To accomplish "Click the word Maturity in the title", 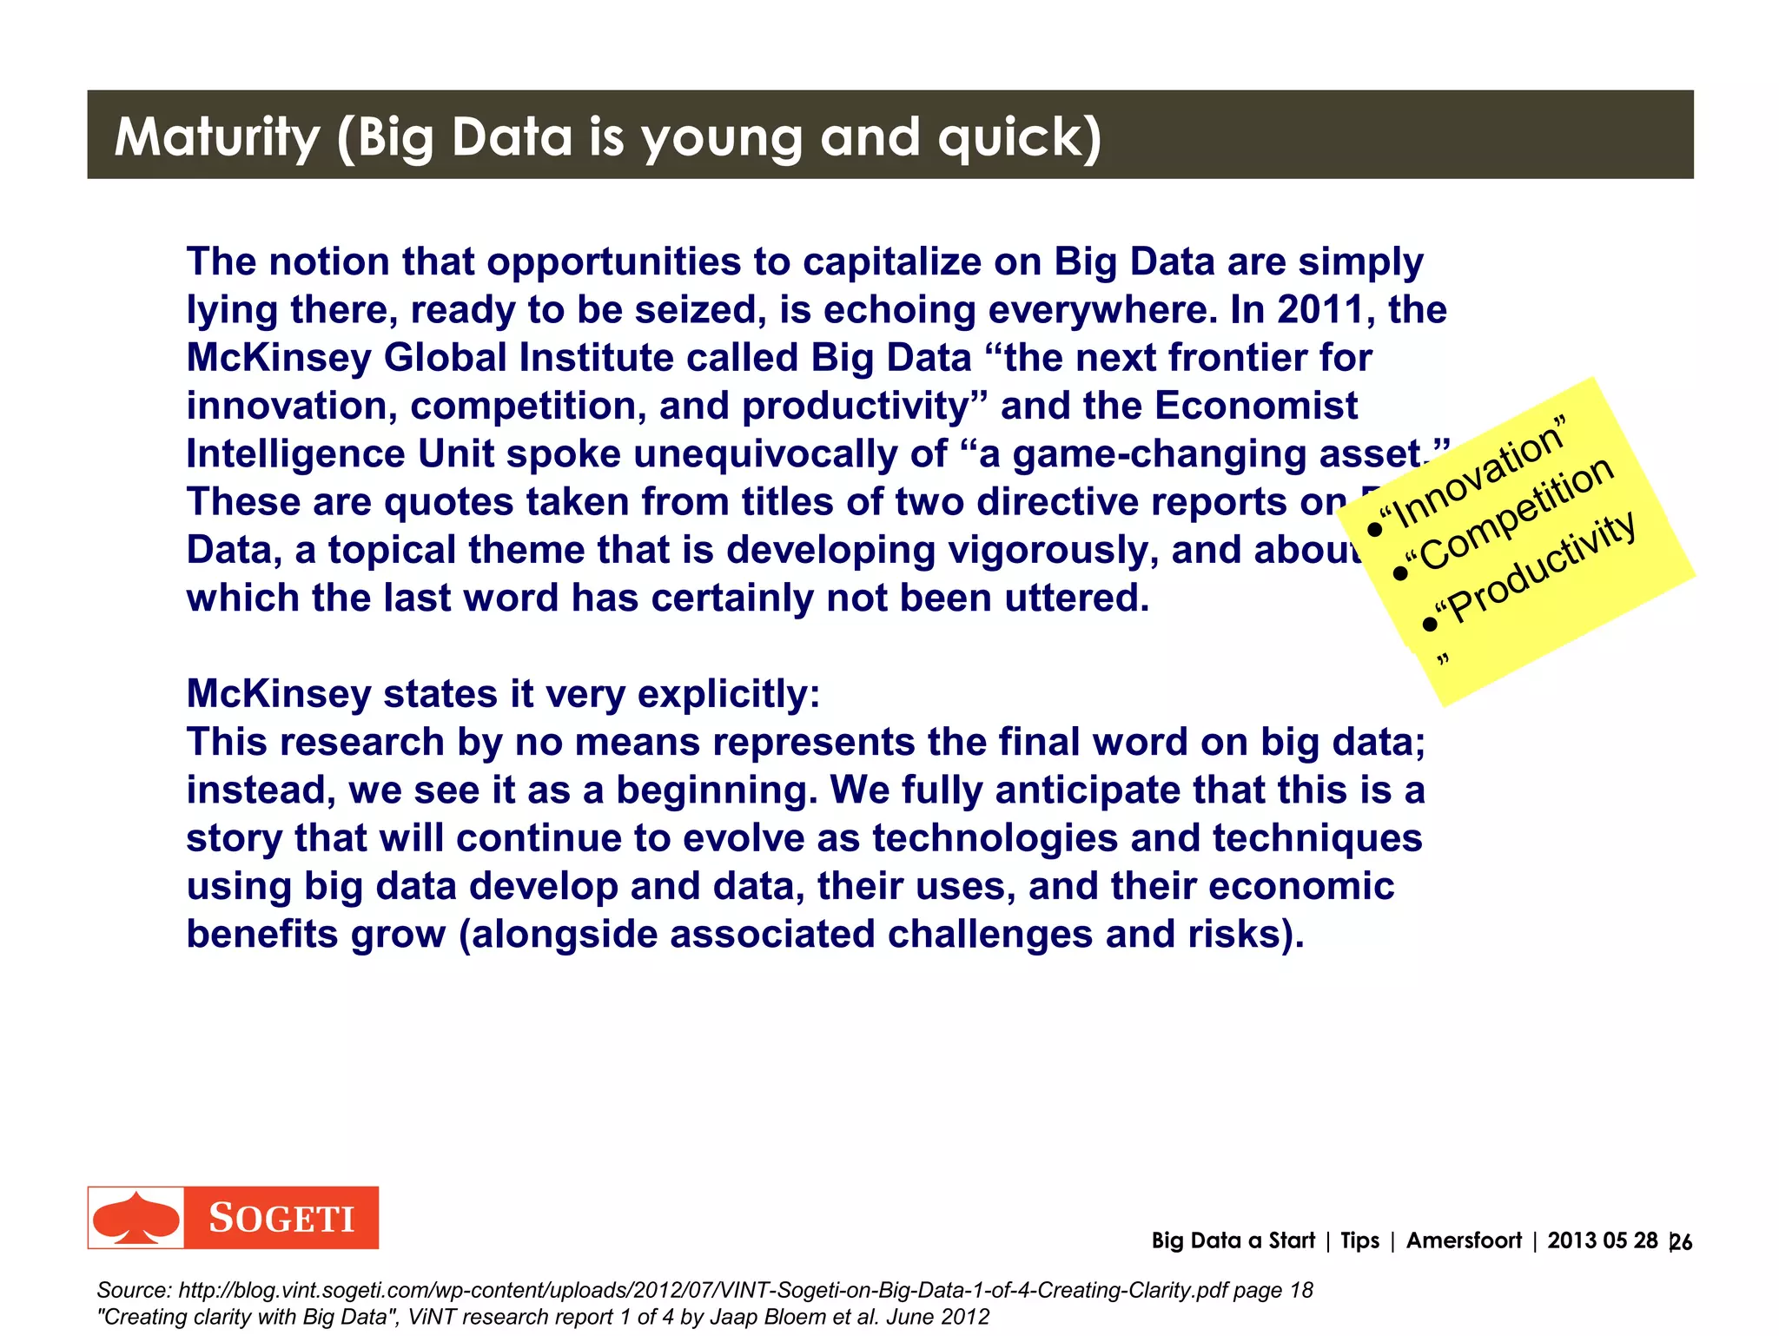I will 217,137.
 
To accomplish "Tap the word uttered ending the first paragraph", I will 1075,599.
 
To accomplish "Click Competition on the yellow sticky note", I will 1516,515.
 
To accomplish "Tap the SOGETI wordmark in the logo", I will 281,1219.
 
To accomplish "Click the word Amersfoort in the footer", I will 1464,1240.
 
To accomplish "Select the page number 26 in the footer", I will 1681,1242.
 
